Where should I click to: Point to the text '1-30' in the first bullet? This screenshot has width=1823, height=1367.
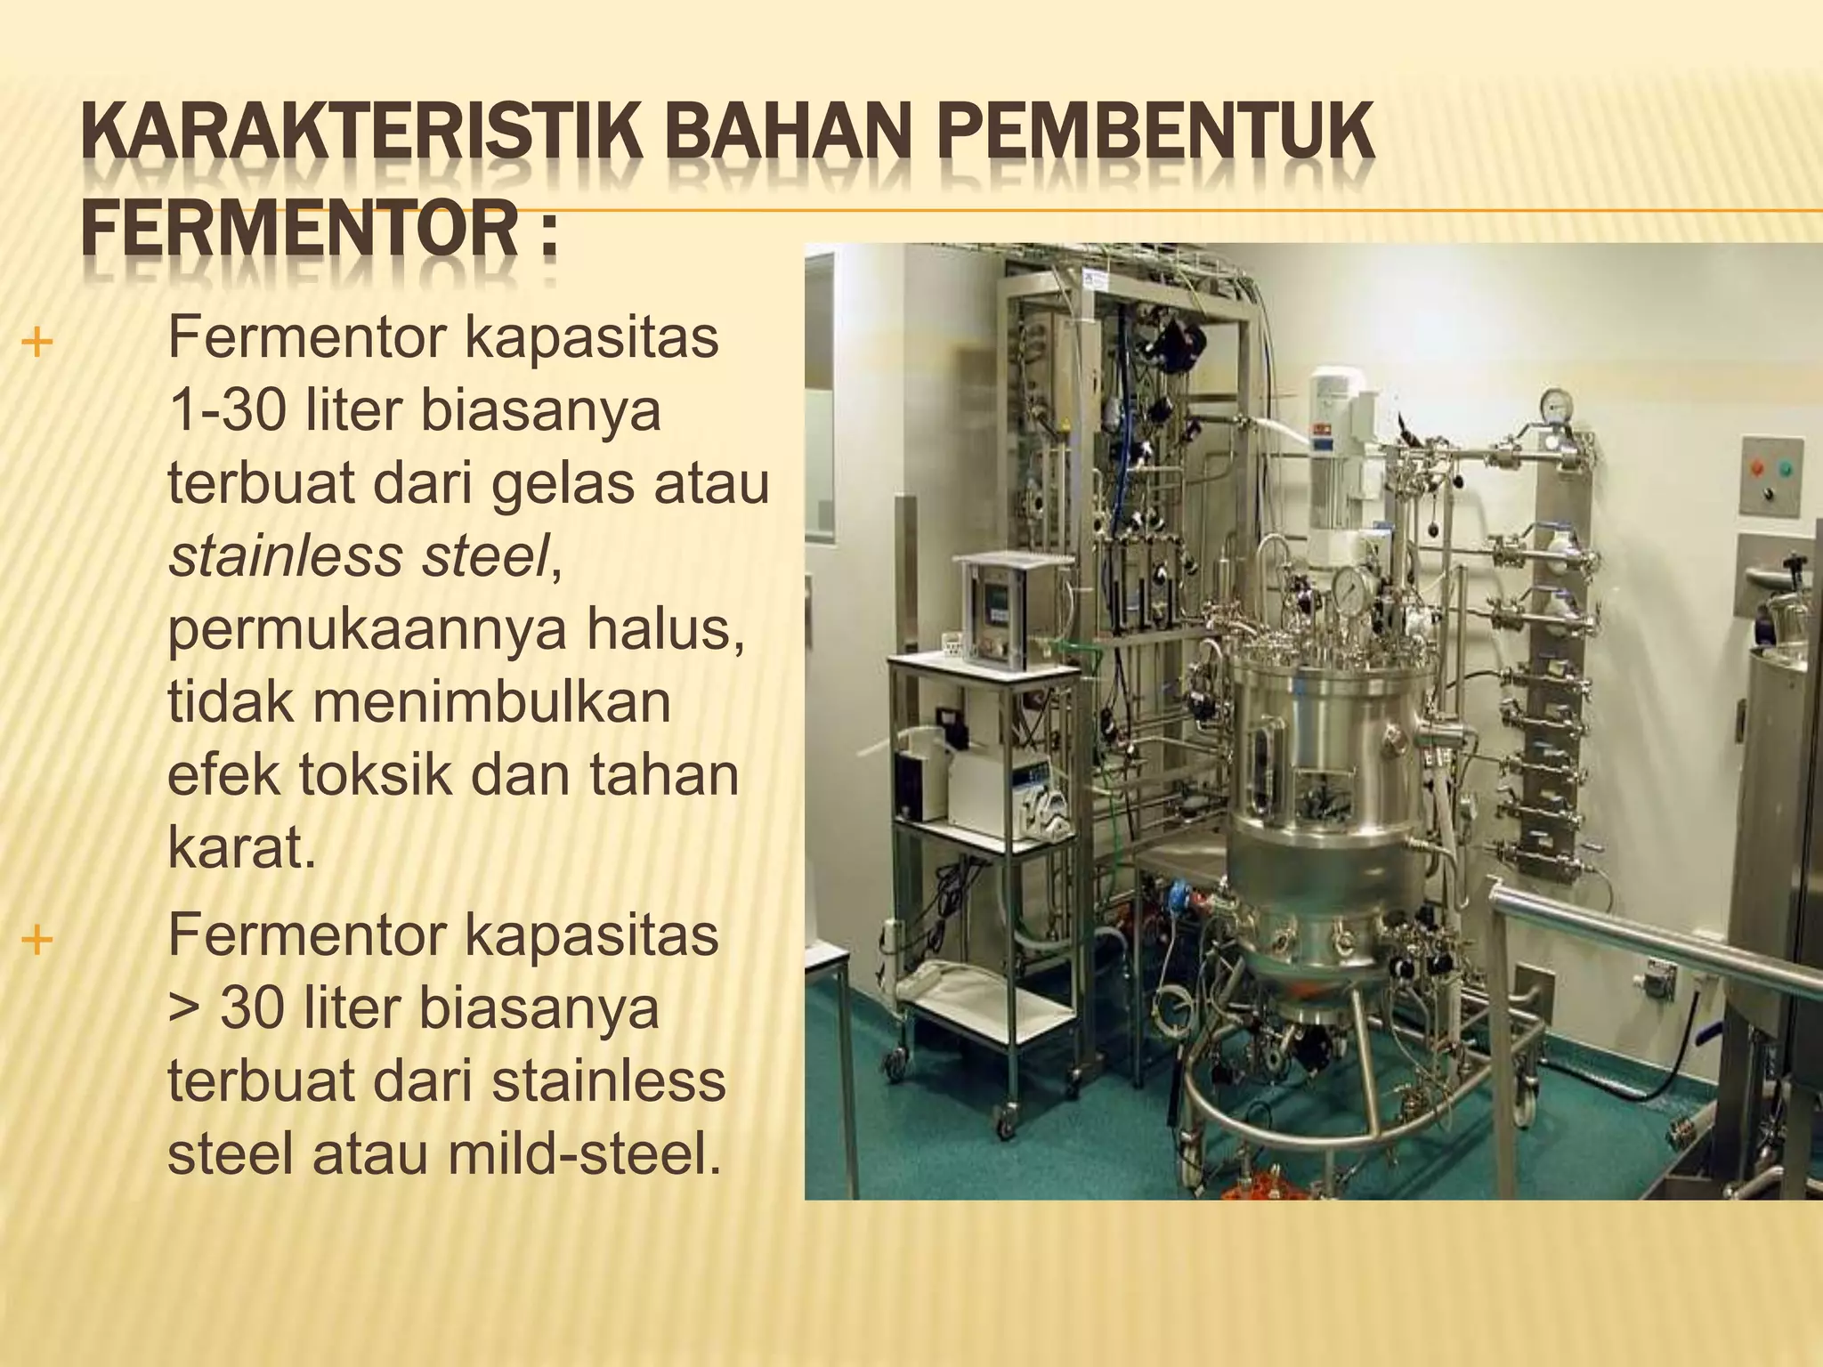pos(226,411)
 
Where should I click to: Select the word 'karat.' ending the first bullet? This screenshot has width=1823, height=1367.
pos(241,847)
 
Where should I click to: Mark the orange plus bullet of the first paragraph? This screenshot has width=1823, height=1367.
pos(36,343)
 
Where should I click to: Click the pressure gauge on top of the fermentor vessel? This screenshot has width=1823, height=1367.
pos(1353,588)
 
